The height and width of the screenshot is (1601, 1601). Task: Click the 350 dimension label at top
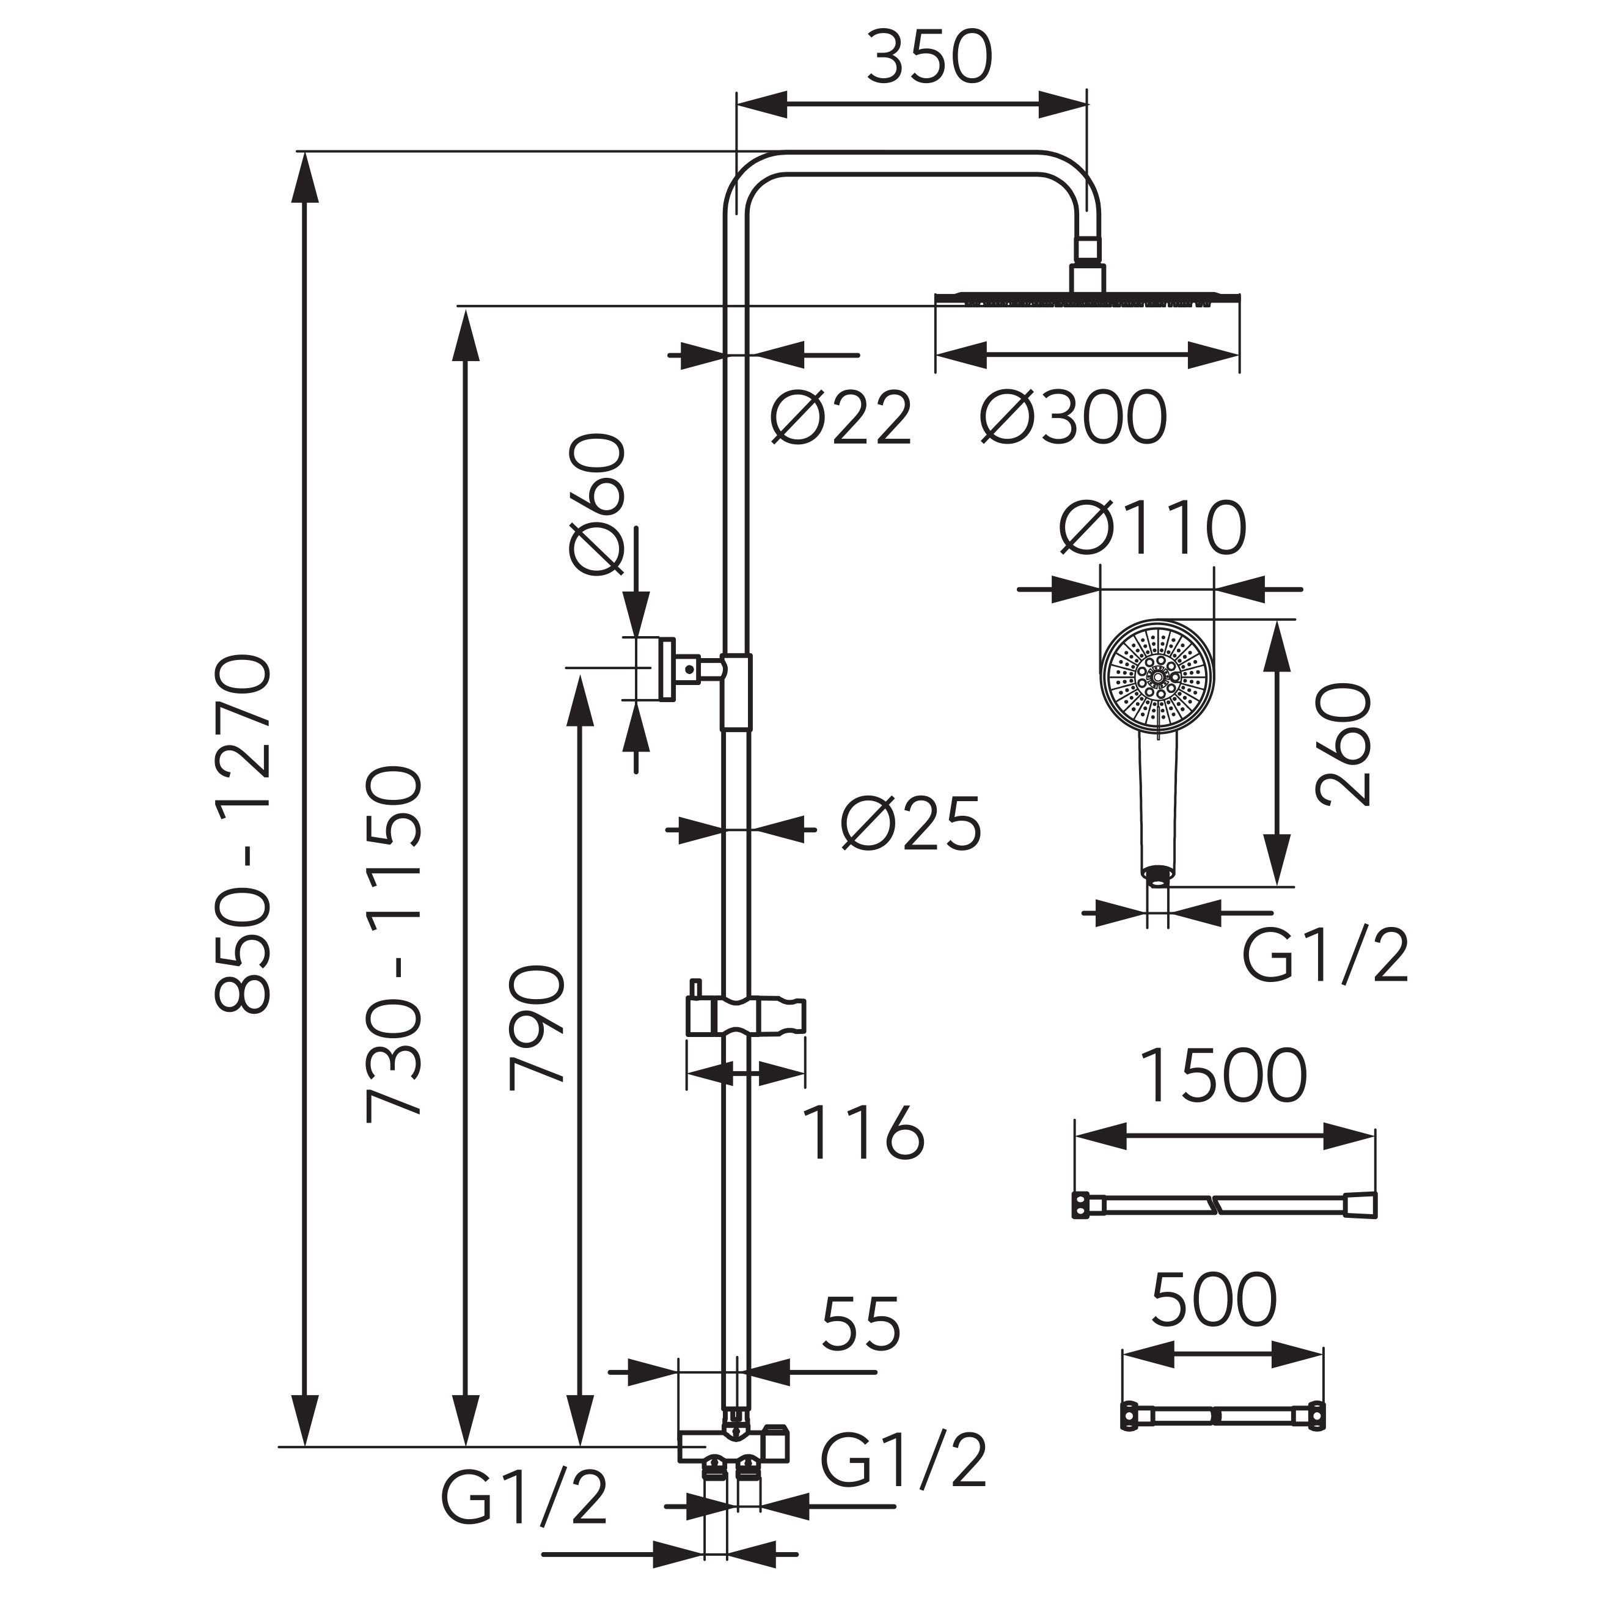929,57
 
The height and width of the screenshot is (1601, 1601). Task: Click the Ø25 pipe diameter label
910,824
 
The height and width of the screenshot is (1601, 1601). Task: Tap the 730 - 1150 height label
395,945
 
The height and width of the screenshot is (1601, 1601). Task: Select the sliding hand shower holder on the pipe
745,1017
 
